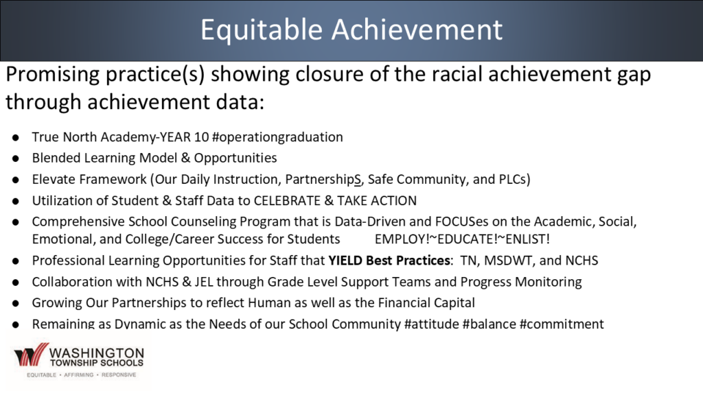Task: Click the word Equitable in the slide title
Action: click(262, 29)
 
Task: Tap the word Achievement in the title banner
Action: click(417, 29)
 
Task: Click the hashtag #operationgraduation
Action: click(277, 137)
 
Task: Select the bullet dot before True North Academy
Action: click(16, 137)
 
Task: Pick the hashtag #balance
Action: click(489, 324)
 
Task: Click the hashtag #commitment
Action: click(562, 324)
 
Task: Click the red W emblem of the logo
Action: click(31, 355)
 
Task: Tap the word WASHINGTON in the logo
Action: click(97, 353)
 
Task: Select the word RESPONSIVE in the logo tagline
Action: click(119, 375)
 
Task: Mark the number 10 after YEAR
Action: click(202, 137)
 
